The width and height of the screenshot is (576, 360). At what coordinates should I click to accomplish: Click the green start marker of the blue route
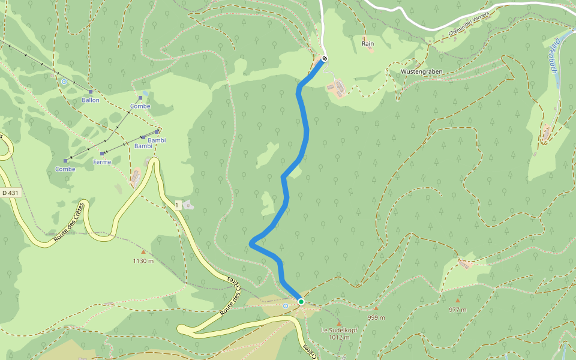pyautogui.click(x=301, y=301)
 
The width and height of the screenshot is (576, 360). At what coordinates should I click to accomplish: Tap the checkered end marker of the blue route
pyautogui.click(x=325, y=58)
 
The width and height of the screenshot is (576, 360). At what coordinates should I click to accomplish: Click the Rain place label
pyautogui.click(x=368, y=44)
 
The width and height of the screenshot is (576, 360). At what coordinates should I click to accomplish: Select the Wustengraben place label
pyautogui.click(x=422, y=71)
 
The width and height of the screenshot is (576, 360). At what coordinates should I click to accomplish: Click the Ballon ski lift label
pyautogui.click(x=91, y=100)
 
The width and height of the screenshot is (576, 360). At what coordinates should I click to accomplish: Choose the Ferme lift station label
pyautogui.click(x=102, y=162)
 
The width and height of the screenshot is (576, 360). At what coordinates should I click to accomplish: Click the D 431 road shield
pyautogui.click(x=10, y=193)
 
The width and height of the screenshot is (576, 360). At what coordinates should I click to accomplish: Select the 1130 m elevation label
pyautogui.click(x=143, y=261)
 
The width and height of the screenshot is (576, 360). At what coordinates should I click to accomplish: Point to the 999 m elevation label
pyautogui.click(x=376, y=317)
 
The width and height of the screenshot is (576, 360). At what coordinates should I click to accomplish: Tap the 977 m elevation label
pyautogui.click(x=458, y=310)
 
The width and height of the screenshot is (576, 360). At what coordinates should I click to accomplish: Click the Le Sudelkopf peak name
pyautogui.click(x=338, y=330)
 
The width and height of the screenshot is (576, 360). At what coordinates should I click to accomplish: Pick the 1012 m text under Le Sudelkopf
pyautogui.click(x=338, y=337)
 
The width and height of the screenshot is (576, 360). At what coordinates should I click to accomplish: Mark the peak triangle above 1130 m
pyautogui.click(x=143, y=252)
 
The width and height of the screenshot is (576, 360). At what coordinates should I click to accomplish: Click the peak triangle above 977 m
pyautogui.click(x=458, y=301)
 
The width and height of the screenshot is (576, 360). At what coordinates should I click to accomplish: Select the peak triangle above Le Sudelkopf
pyautogui.click(x=338, y=323)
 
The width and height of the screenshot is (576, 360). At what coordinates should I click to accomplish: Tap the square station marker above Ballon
pyautogui.click(x=91, y=92)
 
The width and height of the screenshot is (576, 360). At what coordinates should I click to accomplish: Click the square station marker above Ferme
pyautogui.click(x=103, y=154)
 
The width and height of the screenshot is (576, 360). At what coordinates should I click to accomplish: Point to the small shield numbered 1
pyautogui.click(x=178, y=205)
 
